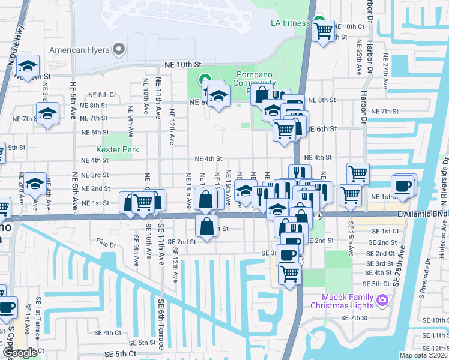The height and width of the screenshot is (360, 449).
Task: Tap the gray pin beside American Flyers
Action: [x=119, y=49]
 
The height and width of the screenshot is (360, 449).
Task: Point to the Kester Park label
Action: [x=118, y=149]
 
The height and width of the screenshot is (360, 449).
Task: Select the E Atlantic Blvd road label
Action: [x=422, y=214]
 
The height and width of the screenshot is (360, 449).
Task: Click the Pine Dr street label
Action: [x=105, y=245]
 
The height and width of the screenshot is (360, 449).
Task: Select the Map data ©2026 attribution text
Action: [x=423, y=355]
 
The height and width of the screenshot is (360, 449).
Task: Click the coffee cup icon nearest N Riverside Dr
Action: [x=403, y=185]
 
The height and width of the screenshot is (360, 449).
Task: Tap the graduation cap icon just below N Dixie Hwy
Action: [x=28, y=66]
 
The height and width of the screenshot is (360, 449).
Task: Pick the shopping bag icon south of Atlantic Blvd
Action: [x=206, y=227]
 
